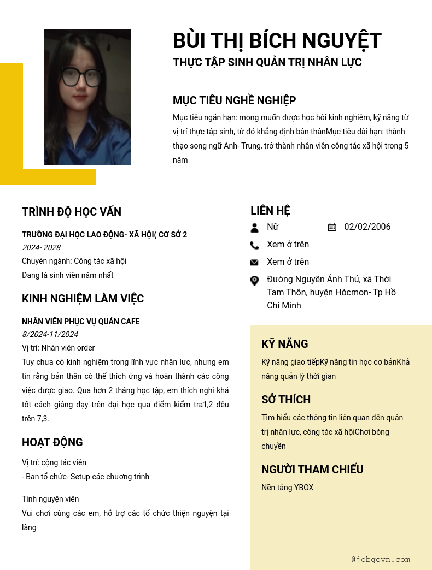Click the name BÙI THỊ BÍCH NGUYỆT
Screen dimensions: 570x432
[277, 41]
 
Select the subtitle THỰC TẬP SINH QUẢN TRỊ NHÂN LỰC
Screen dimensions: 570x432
[267, 62]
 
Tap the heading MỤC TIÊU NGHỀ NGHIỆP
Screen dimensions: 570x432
[234, 100]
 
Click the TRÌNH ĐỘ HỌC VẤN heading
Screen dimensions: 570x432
[72, 212]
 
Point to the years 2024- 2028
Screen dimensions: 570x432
[41, 247]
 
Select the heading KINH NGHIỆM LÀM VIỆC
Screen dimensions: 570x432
[83, 299]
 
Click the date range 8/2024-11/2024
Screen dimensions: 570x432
[50, 334]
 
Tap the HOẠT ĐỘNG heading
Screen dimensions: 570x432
[52, 442]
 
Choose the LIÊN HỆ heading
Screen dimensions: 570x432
[270, 211]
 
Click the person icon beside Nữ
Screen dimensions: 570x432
[254, 228]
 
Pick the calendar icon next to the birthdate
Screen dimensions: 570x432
[332, 227]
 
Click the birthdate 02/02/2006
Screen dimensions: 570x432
[367, 227]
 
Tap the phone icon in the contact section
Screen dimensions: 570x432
[254, 245]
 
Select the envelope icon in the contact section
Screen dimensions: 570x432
[254, 263]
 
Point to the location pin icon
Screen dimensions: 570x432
[254, 280]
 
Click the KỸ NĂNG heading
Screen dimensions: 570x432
[284, 344]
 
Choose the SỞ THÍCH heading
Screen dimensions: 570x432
[286, 400]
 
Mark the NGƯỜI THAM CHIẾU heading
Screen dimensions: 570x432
[312, 470]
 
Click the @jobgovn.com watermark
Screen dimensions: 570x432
[381, 559]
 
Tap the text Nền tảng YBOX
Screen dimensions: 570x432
[287, 488]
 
